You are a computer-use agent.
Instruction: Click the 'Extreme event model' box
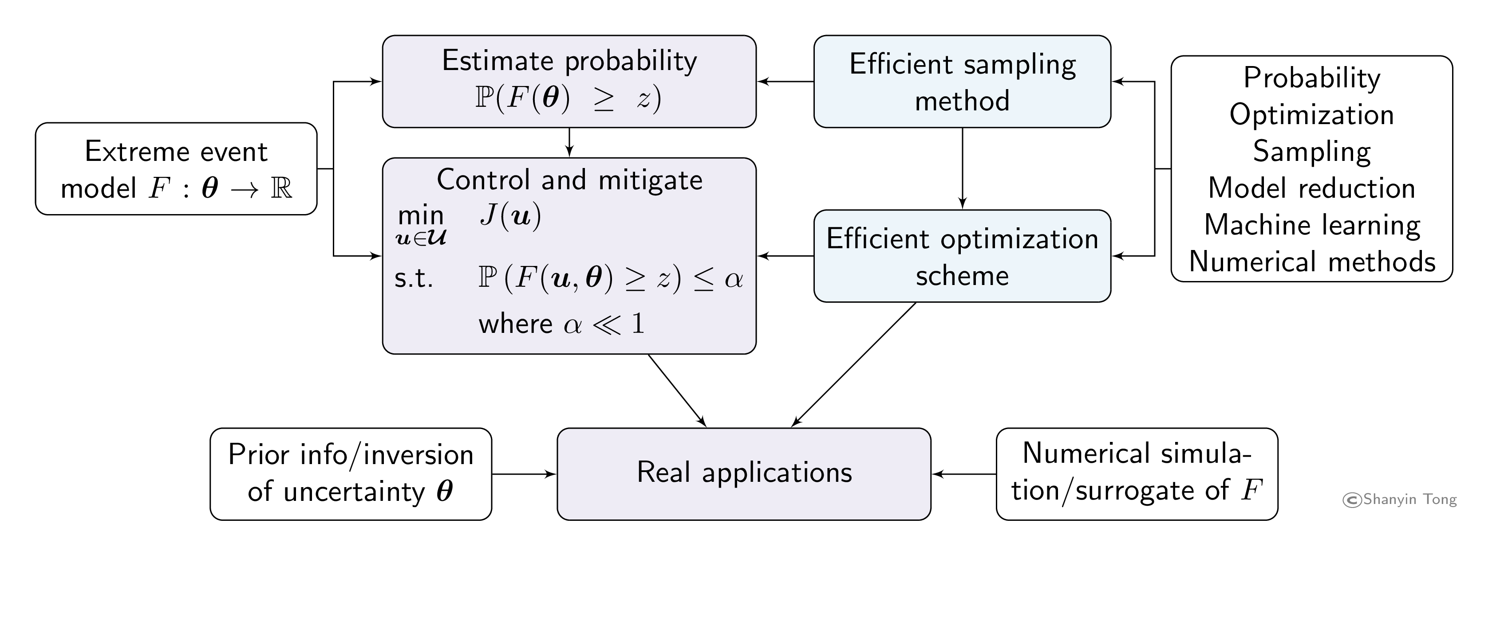176,169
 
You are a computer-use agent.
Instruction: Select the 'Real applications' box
744,473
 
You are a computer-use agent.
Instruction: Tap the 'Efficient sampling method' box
962,82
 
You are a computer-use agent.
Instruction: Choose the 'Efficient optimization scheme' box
962,256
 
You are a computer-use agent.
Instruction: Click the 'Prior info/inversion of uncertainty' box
351,473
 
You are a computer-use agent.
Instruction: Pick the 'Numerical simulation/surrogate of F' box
1137,473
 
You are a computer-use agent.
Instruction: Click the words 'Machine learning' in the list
1312,225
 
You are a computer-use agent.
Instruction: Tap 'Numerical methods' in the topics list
1312,262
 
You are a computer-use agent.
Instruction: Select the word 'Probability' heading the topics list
1312,78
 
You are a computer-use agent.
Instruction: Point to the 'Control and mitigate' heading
569,180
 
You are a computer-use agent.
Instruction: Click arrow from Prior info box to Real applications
524,474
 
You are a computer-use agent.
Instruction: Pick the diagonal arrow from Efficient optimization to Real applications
854,365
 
